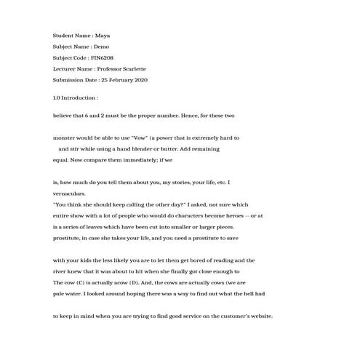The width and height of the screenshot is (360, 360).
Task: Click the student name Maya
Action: [x=103, y=35]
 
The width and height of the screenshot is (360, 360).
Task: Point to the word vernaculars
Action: [x=69, y=194]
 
